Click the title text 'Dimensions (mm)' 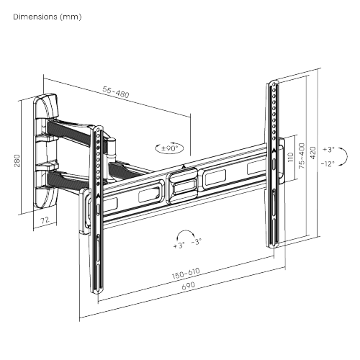click(x=46, y=16)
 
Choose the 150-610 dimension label click(x=185, y=274)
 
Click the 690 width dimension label click(x=187, y=284)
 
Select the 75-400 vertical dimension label click(x=302, y=156)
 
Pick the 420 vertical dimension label click(x=313, y=153)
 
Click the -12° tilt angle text click(x=328, y=163)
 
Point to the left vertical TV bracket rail click(x=94, y=209)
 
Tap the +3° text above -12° click(x=328, y=149)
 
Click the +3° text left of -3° click(x=179, y=245)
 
